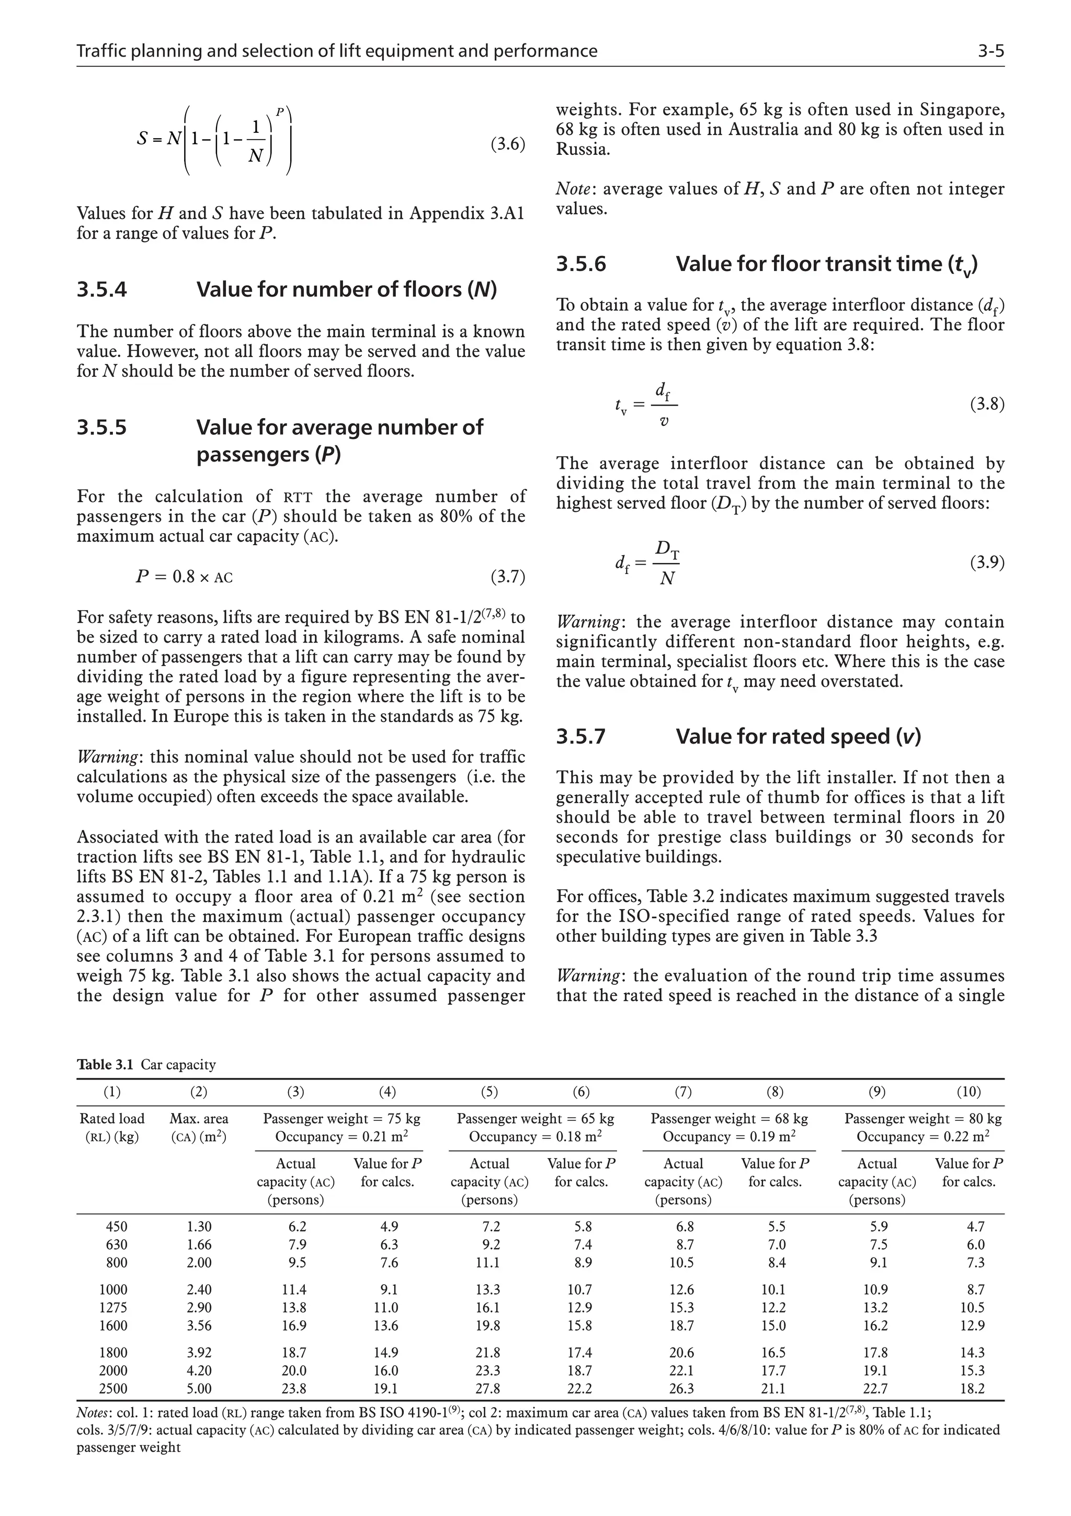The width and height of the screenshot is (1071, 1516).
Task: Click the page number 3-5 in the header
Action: click(990, 51)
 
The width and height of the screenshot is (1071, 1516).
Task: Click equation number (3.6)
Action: click(507, 144)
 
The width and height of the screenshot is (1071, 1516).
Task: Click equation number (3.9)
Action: click(986, 563)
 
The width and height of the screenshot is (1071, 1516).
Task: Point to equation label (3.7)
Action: click(507, 577)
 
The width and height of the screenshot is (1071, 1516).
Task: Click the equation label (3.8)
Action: click(986, 404)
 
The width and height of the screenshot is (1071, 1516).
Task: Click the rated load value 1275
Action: click(113, 1307)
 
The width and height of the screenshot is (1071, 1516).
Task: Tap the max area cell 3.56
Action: click(199, 1325)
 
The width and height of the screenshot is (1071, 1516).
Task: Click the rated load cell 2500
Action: click(113, 1388)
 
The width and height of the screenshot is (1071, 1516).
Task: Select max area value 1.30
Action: click(199, 1227)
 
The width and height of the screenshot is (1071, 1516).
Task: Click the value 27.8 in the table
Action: click(488, 1388)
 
